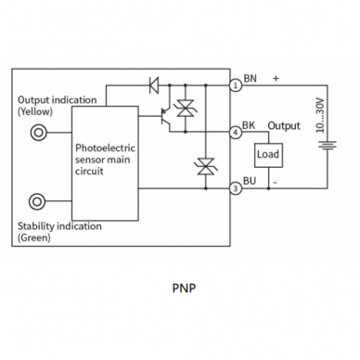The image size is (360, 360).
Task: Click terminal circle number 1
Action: click(x=236, y=85)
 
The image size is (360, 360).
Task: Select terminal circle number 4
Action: click(x=236, y=133)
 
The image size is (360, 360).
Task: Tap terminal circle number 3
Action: click(x=236, y=188)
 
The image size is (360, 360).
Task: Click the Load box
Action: click(x=268, y=155)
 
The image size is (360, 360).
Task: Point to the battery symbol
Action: click(x=328, y=146)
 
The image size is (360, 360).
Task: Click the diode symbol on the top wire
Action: click(x=154, y=85)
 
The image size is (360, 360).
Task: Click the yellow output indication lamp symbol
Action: click(x=38, y=133)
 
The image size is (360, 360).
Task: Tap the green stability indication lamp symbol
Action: click(x=37, y=201)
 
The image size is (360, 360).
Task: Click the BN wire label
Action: click(x=250, y=79)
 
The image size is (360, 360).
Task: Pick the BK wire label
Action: click(x=249, y=125)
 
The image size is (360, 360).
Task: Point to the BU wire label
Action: click(x=250, y=181)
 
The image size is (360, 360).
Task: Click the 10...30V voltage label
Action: click(x=320, y=115)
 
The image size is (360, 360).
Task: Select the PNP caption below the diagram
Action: click(x=184, y=288)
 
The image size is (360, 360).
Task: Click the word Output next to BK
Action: click(x=284, y=126)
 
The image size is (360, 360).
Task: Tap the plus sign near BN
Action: click(x=276, y=79)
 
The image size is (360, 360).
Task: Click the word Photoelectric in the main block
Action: click(x=105, y=148)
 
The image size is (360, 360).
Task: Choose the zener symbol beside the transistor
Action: click(x=186, y=109)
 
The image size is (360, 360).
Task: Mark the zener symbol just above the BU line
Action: click(x=206, y=166)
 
